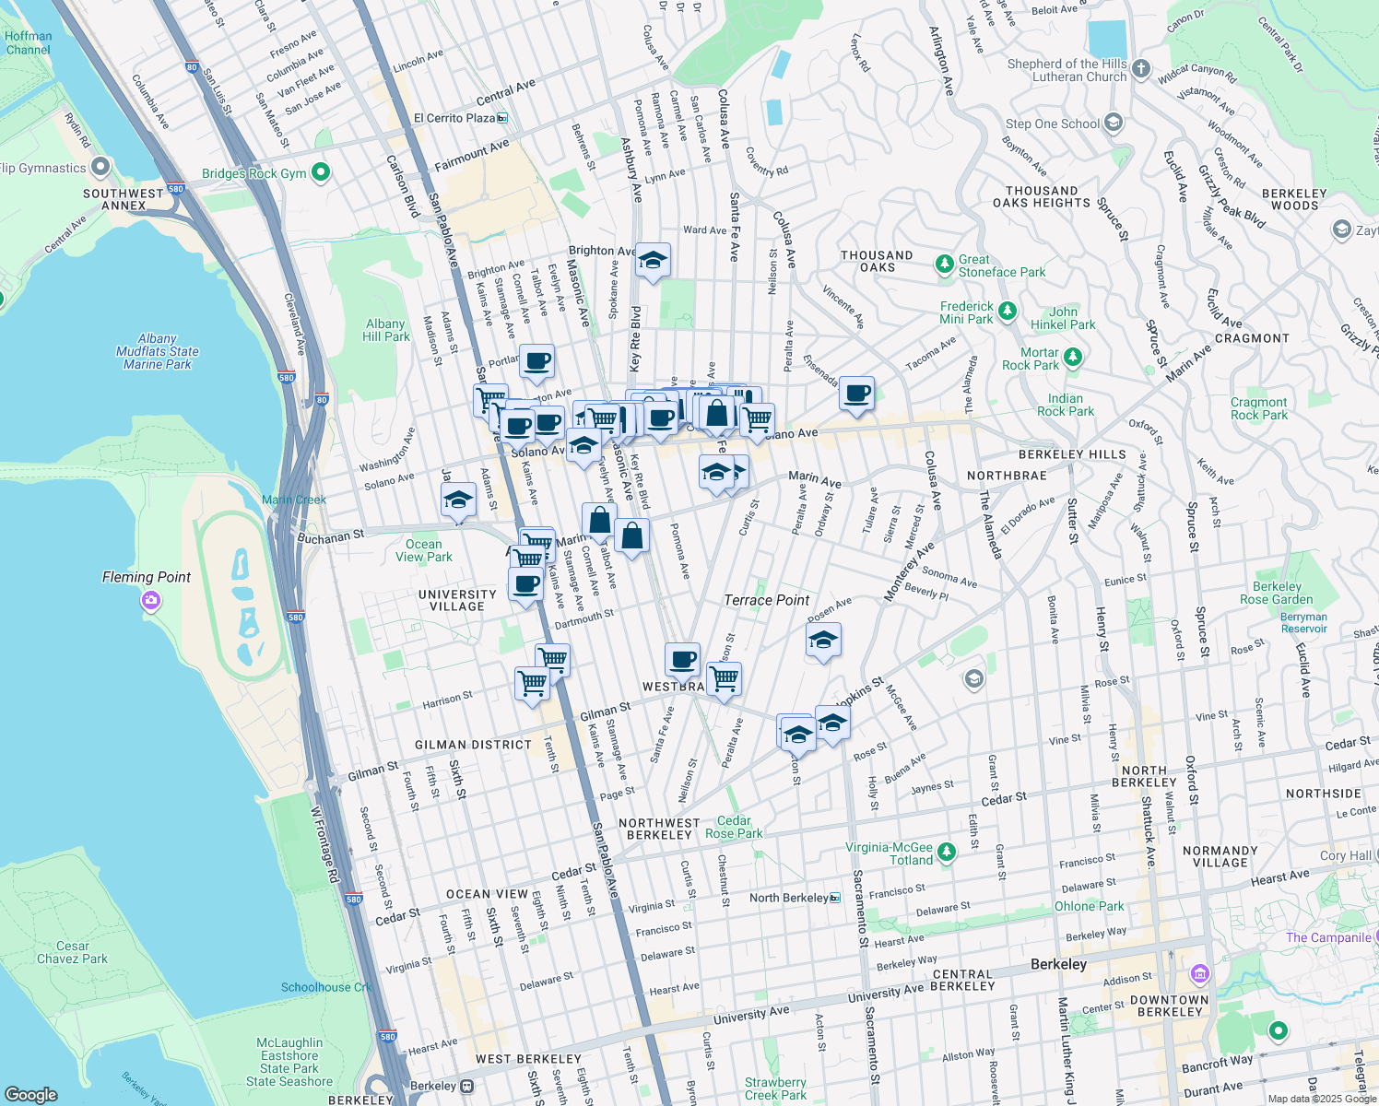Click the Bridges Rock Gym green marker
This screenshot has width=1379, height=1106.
click(321, 172)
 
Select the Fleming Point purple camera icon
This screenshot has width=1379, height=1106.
click(151, 601)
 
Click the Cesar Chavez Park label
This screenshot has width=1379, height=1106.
click(73, 952)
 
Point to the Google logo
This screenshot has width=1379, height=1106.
click(30, 1094)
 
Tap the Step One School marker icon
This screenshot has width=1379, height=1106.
click(1113, 123)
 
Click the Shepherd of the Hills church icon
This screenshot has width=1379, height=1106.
click(1141, 69)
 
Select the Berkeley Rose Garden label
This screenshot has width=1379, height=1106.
click(1277, 593)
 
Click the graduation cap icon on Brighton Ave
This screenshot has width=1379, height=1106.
click(653, 262)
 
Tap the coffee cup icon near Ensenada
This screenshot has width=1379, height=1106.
click(857, 394)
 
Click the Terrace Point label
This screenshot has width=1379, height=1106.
click(767, 600)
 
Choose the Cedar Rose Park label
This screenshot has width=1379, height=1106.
click(734, 827)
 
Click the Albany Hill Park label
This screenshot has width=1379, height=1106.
click(385, 330)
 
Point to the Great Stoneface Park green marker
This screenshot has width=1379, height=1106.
click(944, 265)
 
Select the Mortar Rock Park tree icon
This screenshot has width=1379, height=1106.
click(1072, 357)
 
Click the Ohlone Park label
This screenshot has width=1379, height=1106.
click(1089, 906)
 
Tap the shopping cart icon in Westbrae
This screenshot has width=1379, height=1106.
click(724, 679)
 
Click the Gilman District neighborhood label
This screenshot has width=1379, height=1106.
click(473, 745)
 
